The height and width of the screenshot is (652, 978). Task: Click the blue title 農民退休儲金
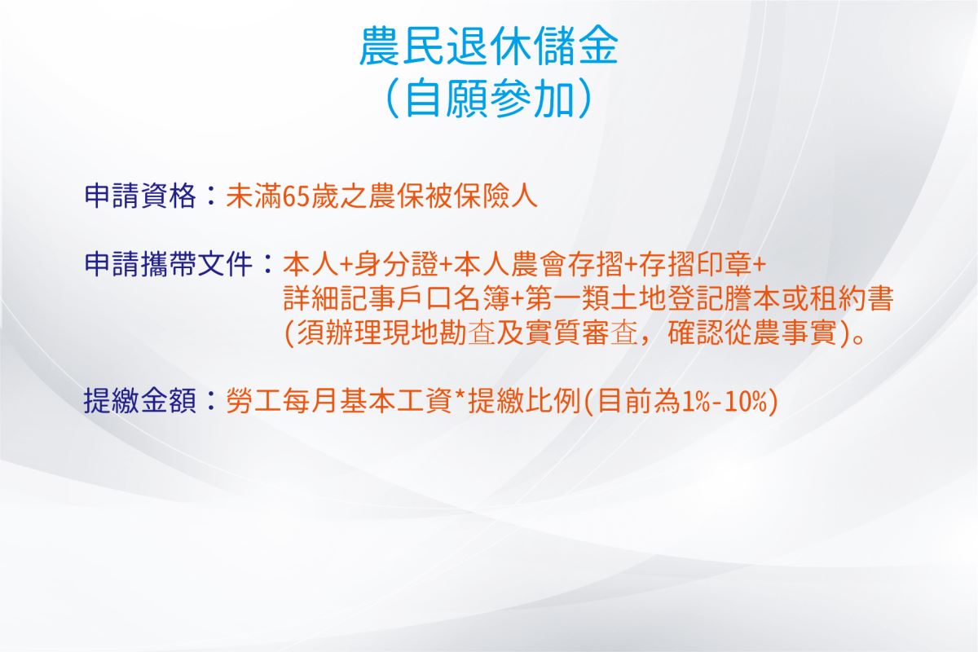pyautogui.click(x=488, y=45)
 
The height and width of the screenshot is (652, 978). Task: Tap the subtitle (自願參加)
pyautogui.click(x=488, y=98)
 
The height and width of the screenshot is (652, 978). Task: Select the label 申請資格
pyautogui.click(x=140, y=196)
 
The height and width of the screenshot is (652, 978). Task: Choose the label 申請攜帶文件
pyautogui.click(x=169, y=264)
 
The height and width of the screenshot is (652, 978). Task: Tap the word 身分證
pyautogui.click(x=395, y=264)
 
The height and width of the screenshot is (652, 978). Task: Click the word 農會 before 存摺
pyautogui.click(x=539, y=264)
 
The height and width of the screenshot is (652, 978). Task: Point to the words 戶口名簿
pyautogui.click(x=453, y=299)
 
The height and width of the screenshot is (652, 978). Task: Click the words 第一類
pyautogui.click(x=566, y=299)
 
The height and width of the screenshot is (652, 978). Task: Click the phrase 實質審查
pyautogui.click(x=580, y=333)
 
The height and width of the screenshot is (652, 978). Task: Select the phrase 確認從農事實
pyautogui.click(x=751, y=333)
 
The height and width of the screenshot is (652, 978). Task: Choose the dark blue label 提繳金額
pyautogui.click(x=140, y=400)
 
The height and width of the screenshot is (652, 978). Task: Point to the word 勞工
pyautogui.click(x=254, y=400)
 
